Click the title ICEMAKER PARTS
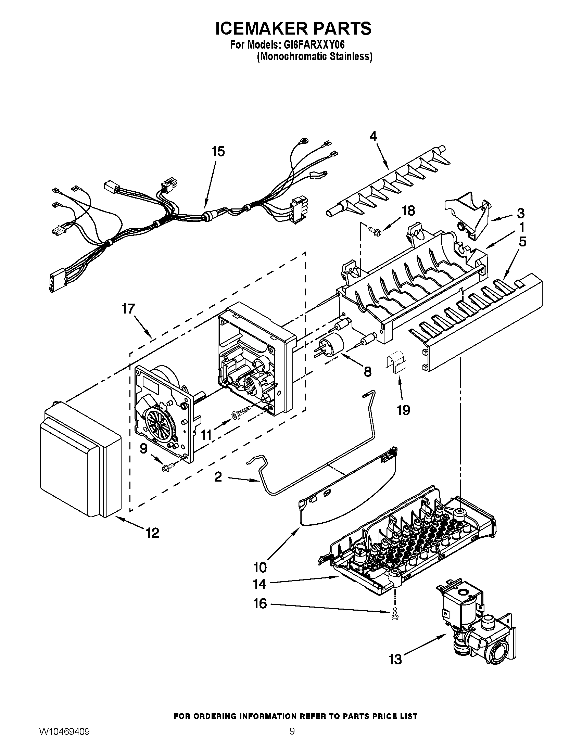click(293, 28)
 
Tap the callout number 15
click(218, 151)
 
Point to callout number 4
click(373, 136)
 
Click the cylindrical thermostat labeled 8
click(333, 343)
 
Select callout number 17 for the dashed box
click(128, 309)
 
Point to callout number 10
click(260, 567)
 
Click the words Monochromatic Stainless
click(314, 56)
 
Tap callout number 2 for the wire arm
click(218, 477)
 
